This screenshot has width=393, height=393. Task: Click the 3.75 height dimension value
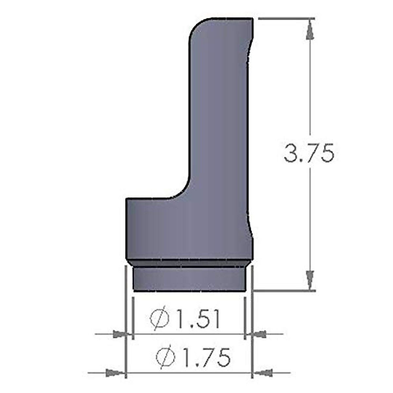(309, 153)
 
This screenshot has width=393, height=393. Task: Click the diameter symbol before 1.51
(159, 318)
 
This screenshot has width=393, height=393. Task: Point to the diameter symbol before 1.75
(165, 357)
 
